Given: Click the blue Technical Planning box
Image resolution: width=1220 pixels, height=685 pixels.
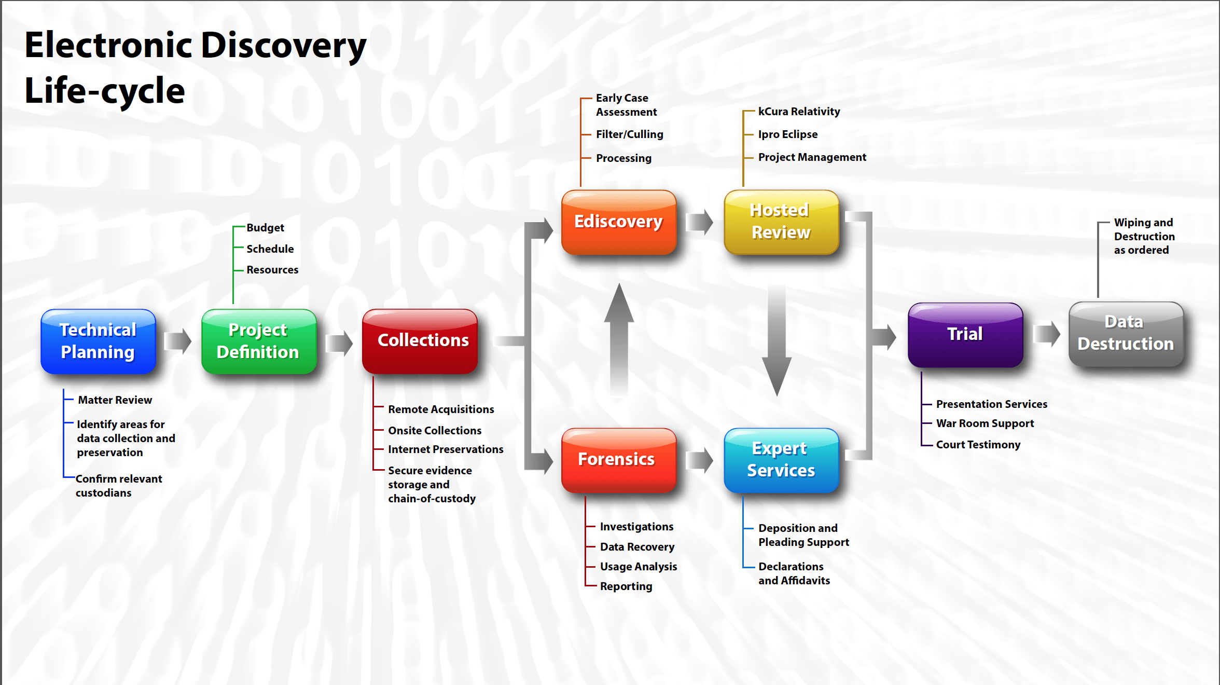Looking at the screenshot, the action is coord(99,341).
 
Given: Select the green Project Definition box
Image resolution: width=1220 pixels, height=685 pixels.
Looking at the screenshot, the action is coord(259,341).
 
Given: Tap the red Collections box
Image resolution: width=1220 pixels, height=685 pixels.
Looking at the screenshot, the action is coord(420,341).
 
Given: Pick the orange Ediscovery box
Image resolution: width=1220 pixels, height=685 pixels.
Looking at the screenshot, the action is coord(619,222).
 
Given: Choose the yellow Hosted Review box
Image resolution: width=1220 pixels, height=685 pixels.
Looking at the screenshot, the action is coord(781,222).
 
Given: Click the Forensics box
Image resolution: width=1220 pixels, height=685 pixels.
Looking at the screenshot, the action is coord(619,460).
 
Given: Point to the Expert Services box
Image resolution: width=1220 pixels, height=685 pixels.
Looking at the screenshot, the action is coord(781,460).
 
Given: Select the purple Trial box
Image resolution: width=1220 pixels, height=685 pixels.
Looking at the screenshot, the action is coord(965,335).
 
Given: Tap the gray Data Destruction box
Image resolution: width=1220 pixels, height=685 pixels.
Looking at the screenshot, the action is coord(1126,335).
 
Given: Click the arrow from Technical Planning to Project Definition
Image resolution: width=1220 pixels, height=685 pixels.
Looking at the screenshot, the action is coord(178,341).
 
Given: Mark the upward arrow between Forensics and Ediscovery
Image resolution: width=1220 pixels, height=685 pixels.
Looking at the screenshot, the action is coord(619,340).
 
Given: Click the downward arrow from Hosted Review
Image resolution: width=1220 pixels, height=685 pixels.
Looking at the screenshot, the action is coord(777,340).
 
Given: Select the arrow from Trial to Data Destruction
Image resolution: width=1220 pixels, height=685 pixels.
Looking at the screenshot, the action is coord(1047,334).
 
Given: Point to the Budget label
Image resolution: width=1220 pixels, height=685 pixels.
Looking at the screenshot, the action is coord(265,228).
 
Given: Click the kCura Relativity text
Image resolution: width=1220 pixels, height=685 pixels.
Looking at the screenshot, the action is coord(799,112).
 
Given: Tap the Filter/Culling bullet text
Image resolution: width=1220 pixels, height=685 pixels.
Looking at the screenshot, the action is coord(629,134).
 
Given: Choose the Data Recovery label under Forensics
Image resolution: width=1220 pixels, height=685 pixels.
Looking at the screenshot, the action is coord(637,547).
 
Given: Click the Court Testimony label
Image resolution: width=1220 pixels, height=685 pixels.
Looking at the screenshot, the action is coord(978,445).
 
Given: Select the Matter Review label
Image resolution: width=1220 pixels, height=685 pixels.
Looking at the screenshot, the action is coord(115,400).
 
